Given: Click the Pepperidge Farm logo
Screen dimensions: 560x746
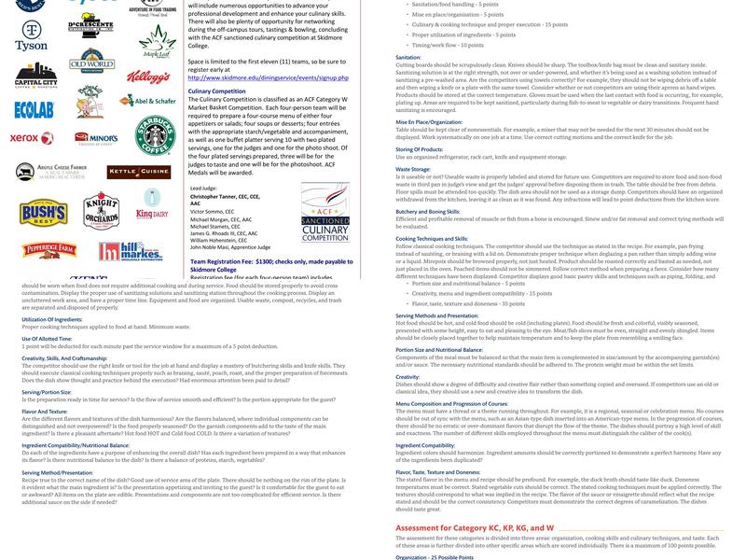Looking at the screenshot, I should pyautogui.click(x=36, y=250).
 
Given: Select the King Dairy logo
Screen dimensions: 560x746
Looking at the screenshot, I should pyautogui.click(x=150, y=214).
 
